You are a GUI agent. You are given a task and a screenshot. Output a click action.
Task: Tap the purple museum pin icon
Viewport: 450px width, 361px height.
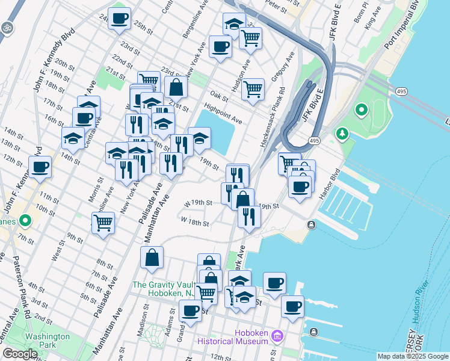click(x=277, y=336)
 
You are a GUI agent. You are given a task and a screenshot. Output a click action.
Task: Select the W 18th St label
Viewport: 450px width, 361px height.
click(x=195, y=221)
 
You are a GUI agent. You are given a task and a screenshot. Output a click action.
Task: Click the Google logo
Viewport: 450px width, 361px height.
click(x=20, y=354)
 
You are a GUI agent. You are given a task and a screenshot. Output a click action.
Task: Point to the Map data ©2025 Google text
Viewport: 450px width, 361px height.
click(x=413, y=356)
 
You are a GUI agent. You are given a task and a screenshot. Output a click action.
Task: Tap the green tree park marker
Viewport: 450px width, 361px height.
click(x=343, y=133)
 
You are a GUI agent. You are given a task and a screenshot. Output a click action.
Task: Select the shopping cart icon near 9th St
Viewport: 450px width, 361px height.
click(x=103, y=223)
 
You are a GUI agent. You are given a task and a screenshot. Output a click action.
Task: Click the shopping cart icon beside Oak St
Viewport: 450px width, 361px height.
click(x=253, y=89)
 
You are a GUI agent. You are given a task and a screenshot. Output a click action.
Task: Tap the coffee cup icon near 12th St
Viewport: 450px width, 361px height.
click(x=40, y=167)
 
